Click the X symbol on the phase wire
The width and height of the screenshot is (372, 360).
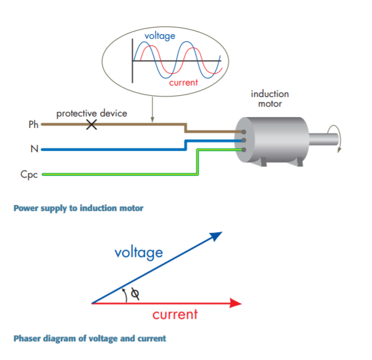[92, 125]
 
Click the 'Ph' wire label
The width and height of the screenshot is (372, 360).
[33, 125]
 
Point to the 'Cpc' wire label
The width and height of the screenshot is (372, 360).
[28, 175]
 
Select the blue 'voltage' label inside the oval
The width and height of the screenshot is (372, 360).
[160, 36]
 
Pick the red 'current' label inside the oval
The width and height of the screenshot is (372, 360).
[183, 82]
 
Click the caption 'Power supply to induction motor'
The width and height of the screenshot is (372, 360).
[78, 208]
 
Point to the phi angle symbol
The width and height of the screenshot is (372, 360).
[135, 293]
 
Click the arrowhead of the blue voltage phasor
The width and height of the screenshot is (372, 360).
[216, 235]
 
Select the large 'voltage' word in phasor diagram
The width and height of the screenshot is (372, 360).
[139, 252]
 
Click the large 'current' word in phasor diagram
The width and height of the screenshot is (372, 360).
[174, 315]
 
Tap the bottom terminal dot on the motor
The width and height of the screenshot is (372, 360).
[244, 149]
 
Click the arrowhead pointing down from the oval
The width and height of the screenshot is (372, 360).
[152, 119]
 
